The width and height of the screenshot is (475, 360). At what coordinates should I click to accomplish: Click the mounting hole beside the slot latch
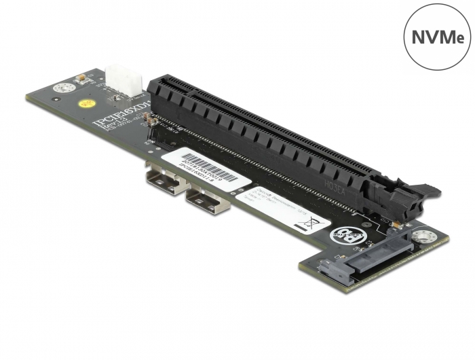coord(425,238)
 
